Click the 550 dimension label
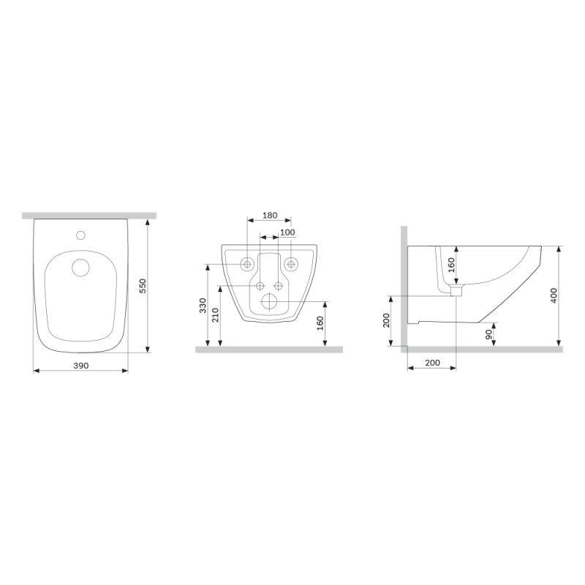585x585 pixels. [143, 286]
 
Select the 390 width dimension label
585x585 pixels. [80, 365]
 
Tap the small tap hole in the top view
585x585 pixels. [81, 235]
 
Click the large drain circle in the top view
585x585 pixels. [81, 268]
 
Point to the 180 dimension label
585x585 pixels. [269, 215]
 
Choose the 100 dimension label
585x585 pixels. [287, 233]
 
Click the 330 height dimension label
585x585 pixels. [203, 305]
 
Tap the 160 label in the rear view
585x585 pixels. [320, 324]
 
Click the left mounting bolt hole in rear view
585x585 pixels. [248, 263]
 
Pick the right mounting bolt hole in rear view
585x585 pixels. [291, 263]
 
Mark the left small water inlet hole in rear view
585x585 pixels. [260, 285]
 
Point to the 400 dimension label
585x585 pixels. [554, 295]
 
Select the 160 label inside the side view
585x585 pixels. [451, 265]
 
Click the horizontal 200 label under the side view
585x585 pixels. [431, 363]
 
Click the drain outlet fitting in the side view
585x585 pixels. [456, 291]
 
